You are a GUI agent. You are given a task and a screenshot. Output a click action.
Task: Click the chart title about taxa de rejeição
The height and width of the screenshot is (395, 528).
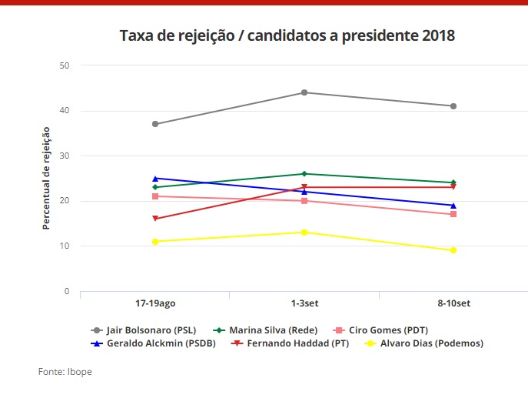click(x=287, y=36)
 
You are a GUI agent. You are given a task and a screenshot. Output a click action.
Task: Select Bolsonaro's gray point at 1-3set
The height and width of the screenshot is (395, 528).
click(x=304, y=92)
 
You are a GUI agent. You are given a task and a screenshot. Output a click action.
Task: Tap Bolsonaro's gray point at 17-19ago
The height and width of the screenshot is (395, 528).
click(x=155, y=124)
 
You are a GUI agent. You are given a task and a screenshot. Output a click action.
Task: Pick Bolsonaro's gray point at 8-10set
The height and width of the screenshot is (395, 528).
click(x=453, y=106)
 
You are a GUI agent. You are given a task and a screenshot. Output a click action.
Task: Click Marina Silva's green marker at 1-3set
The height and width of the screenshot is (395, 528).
click(x=304, y=174)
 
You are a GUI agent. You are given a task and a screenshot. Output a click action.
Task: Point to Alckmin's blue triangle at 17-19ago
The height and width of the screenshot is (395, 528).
click(x=155, y=179)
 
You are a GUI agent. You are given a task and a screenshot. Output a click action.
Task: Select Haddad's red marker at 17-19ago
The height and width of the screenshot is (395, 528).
click(x=155, y=219)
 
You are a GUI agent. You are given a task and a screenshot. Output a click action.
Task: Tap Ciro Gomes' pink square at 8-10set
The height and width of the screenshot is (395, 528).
click(x=453, y=214)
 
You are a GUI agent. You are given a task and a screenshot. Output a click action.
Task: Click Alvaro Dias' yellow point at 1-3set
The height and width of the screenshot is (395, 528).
click(x=304, y=233)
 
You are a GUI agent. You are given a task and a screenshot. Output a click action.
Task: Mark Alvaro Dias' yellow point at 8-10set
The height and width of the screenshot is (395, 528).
click(x=453, y=250)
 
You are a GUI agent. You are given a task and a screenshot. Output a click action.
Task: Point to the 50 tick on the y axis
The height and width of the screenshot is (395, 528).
click(x=65, y=65)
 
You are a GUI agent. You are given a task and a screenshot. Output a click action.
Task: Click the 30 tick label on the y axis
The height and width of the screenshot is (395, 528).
click(x=65, y=156)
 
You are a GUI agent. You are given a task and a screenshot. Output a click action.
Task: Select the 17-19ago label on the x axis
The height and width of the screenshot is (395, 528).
click(x=155, y=304)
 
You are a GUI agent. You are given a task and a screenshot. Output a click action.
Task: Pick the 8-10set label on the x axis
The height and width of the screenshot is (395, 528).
click(x=453, y=304)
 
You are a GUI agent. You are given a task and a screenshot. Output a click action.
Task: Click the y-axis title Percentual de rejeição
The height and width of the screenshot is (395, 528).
click(x=46, y=179)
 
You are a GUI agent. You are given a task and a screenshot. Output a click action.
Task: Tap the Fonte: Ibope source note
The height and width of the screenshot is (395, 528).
click(x=65, y=372)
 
